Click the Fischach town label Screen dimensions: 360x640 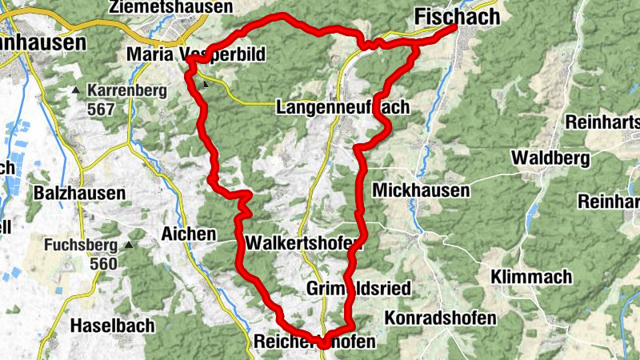(457, 15)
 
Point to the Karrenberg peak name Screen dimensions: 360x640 (127, 90)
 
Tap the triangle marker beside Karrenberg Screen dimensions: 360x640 (77, 90)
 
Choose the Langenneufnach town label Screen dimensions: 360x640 (342, 107)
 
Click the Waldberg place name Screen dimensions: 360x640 (553, 158)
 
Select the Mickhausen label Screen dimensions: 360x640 (421, 190)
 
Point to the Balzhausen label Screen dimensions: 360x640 (79, 193)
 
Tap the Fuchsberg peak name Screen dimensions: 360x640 (81, 245)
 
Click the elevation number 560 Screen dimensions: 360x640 (103, 263)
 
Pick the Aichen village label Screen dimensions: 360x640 (189, 234)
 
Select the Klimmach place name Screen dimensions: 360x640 (533, 277)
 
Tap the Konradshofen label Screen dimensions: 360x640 (440, 318)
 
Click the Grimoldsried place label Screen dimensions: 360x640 (346, 287)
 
